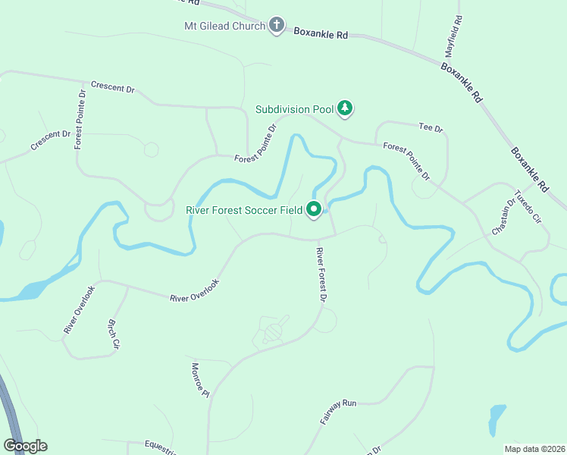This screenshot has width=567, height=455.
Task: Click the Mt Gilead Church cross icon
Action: [x=277, y=26]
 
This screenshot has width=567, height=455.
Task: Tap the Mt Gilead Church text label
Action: [x=224, y=27]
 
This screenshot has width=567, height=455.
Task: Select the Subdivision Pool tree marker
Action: [x=345, y=108]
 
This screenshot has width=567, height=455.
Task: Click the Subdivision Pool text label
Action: [x=294, y=109]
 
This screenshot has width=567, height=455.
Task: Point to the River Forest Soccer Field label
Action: [x=244, y=210]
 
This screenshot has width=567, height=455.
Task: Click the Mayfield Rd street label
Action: [x=452, y=37]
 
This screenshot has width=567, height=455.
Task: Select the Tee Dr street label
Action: [x=430, y=128]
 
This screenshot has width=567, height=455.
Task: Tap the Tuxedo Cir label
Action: [x=528, y=207]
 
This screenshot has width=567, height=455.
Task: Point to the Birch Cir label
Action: [x=113, y=333]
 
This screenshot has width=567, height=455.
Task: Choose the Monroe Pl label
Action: [x=199, y=379]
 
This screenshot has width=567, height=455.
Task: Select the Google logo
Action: [x=25, y=446]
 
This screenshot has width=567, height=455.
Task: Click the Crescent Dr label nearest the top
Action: [x=112, y=87]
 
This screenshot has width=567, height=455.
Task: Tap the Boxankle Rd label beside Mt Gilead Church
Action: [x=320, y=34]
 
